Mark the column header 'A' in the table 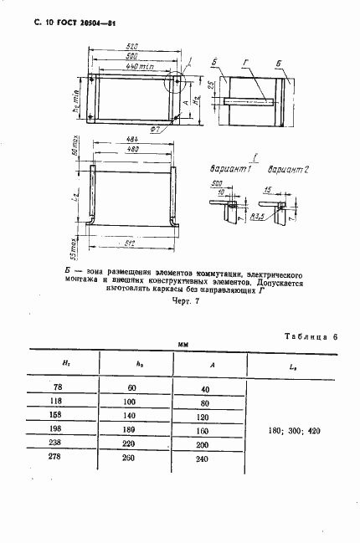tap(211, 366)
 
